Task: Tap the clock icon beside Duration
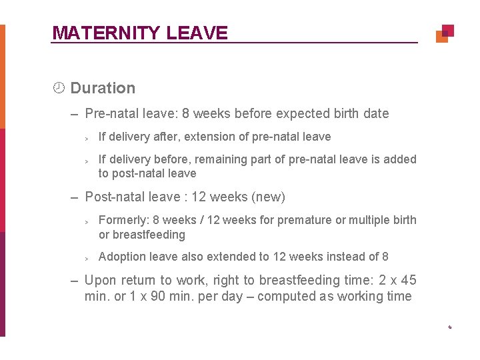pyautogui.click(x=59, y=88)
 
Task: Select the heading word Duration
pyautogui.click(x=103, y=88)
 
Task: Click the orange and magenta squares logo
pyautogui.click(x=445, y=33)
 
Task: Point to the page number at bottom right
pyautogui.click(x=450, y=327)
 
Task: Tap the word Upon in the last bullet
pyautogui.click(x=99, y=280)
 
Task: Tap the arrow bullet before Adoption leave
pyautogui.click(x=87, y=257)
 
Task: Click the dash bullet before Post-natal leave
pyautogui.click(x=76, y=197)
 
